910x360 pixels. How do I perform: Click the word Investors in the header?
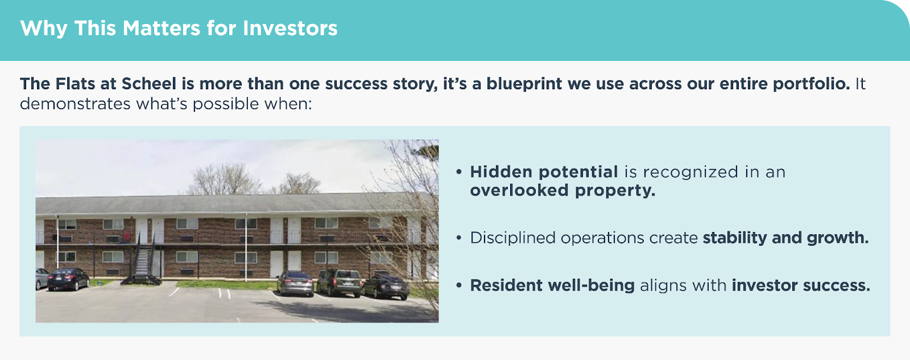[x=290, y=28]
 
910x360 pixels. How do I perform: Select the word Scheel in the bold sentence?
[x=148, y=84]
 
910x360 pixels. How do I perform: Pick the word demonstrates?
[x=75, y=104]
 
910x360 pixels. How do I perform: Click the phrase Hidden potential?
[x=544, y=172]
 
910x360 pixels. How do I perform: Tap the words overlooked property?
[x=562, y=191]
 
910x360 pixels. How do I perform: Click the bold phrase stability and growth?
[x=785, y=238]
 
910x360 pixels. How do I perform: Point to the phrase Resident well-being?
[x=552, y=285]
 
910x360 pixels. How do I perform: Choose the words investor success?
[x=801, y=285]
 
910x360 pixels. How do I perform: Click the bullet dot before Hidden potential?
[x=459, y=172]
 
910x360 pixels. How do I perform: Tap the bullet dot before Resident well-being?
[x=459, y=285]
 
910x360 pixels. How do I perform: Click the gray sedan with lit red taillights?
[x=295, y=283]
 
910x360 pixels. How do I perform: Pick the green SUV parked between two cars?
[x=339, y=282]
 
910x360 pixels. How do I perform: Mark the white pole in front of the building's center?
[x=245, y=247]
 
